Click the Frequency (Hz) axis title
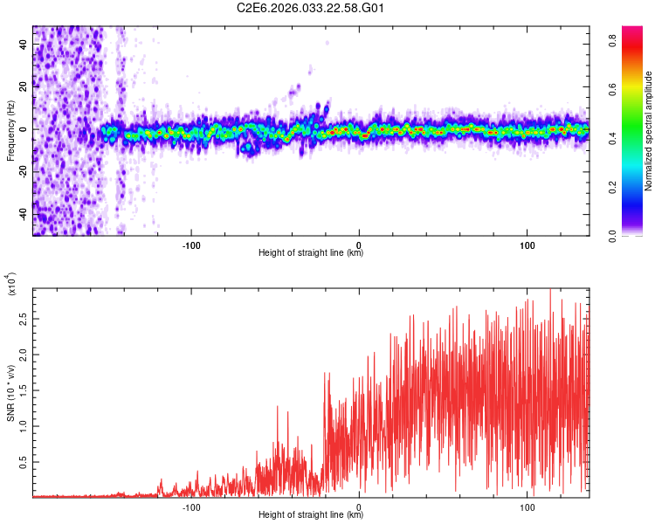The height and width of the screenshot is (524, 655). (x=10, y=130)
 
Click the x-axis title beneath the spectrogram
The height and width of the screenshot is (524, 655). (x=311, y=253)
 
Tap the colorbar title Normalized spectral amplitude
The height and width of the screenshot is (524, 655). (x=648, y=131)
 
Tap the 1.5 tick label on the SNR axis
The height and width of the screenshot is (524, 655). (x=24, y=390)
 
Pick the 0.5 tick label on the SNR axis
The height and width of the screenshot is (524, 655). (x=24, y=461)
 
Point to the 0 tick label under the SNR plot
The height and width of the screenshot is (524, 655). (x=360, y=507)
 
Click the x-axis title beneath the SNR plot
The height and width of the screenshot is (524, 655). (x=311, y=515)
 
